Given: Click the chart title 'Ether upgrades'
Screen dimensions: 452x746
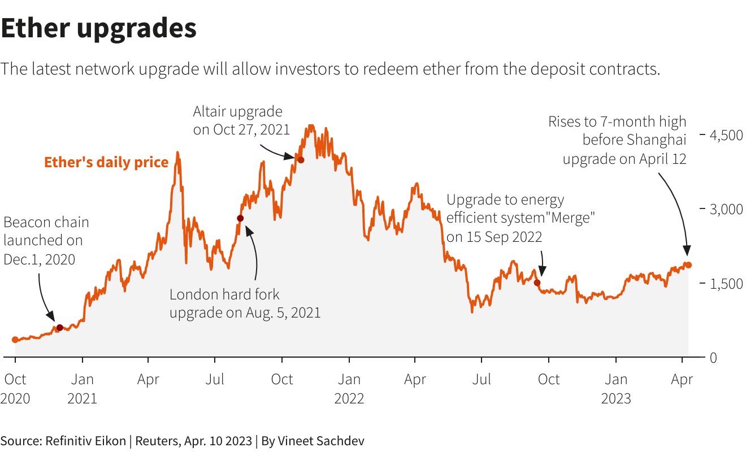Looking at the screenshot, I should pos(99,28).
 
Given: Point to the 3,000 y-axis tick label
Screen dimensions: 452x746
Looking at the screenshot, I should pos(726,209).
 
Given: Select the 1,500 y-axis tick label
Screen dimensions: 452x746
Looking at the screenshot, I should pos(726,283).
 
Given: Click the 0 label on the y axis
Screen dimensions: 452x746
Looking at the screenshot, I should pos(714,358).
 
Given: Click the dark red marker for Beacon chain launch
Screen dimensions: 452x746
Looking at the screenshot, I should pos(60,327).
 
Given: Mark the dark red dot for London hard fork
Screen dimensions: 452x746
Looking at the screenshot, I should pos(240,218).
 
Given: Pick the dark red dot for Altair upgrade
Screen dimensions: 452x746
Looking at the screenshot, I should pos(301,160).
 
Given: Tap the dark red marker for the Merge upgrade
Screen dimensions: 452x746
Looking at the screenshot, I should pos(537,282).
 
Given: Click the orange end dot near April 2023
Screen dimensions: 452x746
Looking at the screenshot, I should pos(688,265).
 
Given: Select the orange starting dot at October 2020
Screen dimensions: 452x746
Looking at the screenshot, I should pos(15,340).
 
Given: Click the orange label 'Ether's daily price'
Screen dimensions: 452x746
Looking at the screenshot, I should pos(106,163).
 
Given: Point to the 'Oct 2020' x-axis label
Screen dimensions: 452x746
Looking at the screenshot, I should pos(15,389).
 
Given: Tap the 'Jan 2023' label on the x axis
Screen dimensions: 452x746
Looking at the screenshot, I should pos(616,389).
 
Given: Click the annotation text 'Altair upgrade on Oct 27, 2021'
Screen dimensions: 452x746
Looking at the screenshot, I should pos(241,120).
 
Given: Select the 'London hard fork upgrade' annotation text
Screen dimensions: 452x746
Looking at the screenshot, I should pos(245,303).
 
